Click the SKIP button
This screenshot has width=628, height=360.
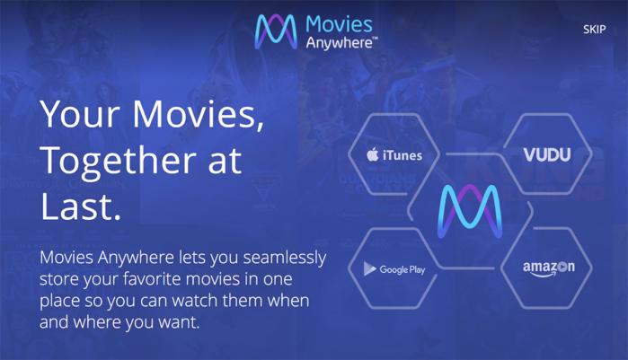click(594, 30)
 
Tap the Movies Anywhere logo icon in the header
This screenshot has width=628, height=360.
click(276, 32)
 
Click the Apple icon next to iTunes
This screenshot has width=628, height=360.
click(373, 154)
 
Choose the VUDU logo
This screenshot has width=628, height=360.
click(547, 154)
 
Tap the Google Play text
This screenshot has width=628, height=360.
click(402, 270)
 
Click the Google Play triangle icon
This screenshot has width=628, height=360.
click(369, 268)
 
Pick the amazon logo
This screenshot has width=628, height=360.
click(549, 268)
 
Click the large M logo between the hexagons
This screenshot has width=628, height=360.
click(469, 211)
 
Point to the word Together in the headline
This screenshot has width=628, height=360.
click(119, 162)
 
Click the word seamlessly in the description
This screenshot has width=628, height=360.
click(285, 258)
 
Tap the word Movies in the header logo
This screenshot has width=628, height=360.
click(339, 24)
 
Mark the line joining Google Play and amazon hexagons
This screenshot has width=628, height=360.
click(468, 268)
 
